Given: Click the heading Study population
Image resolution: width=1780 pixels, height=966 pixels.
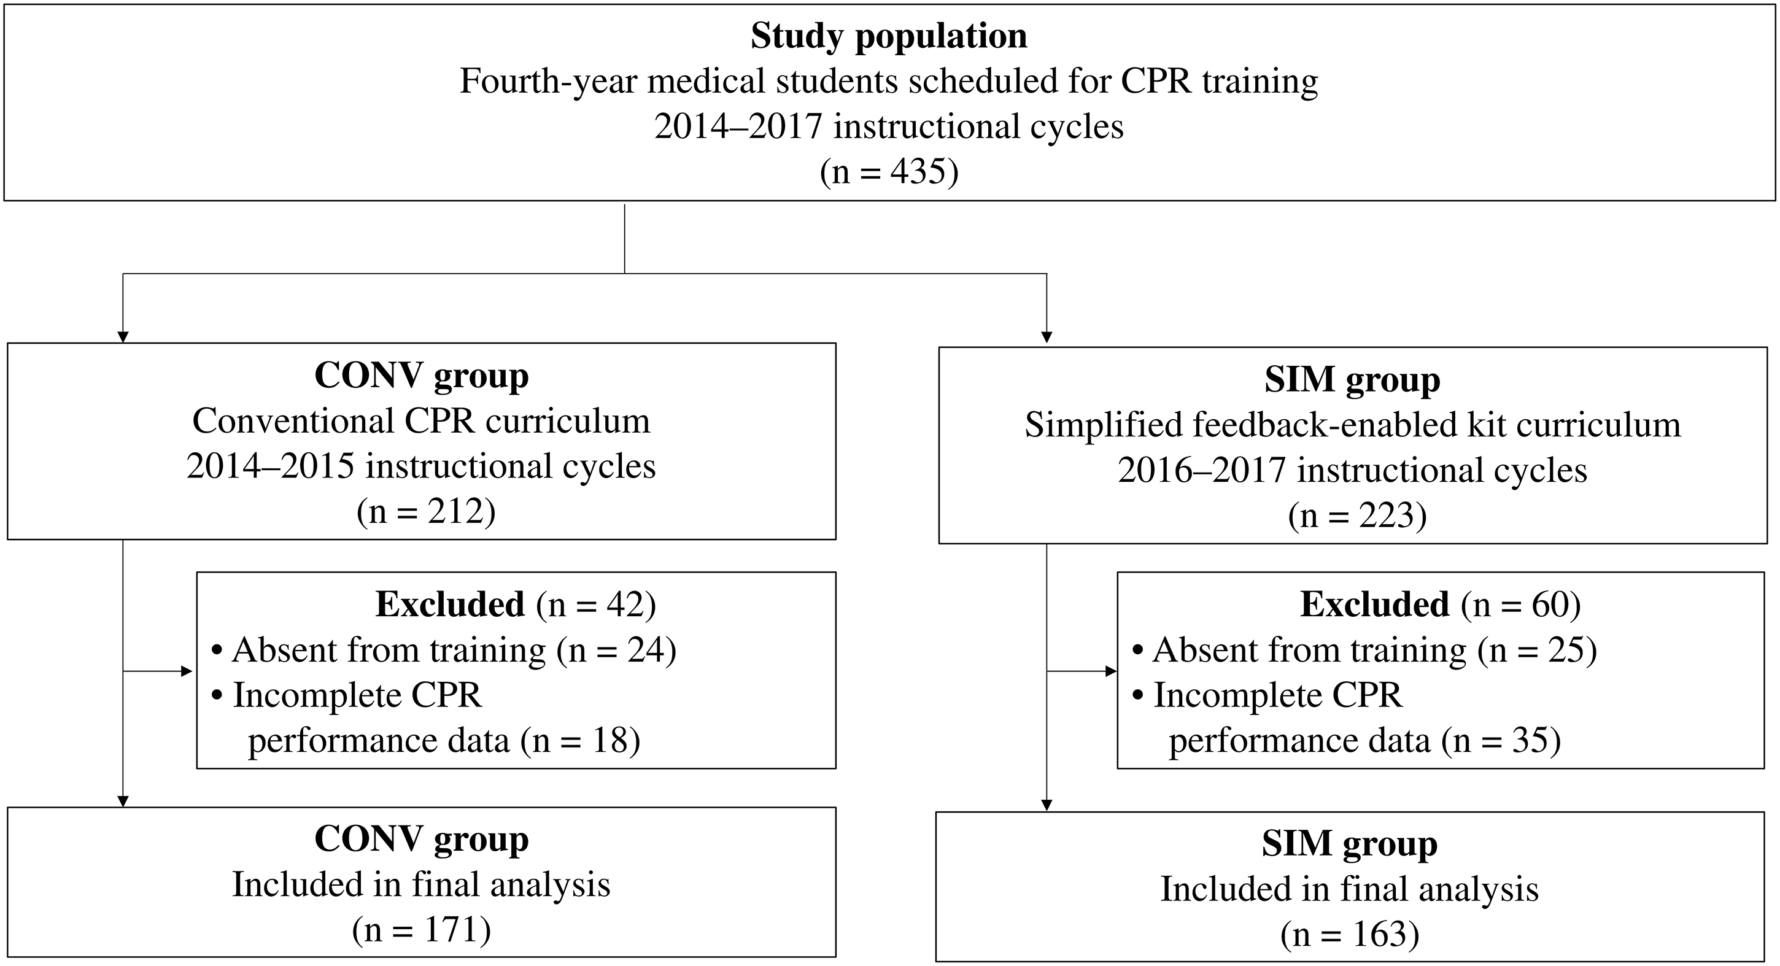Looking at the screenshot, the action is (889, 37).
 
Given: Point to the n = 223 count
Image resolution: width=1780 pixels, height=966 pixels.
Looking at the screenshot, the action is (1357, 516).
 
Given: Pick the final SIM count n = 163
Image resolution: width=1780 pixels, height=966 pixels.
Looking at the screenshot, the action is (1350, 934).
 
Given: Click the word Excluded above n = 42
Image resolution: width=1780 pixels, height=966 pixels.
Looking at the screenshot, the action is (450, 605).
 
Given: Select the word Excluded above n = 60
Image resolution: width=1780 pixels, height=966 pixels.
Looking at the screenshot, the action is (1375, 605).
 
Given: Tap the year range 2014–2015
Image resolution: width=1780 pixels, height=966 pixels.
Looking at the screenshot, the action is (270, 466).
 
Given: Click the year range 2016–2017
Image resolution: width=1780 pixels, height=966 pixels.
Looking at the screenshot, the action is (1202, 471).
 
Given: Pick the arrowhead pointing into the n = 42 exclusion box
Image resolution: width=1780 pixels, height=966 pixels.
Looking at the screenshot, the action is (187, 671).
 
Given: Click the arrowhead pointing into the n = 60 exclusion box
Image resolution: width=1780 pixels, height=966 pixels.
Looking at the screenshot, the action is (1111, 671).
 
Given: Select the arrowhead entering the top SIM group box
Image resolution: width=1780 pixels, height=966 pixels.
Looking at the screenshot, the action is (1047, 337).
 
